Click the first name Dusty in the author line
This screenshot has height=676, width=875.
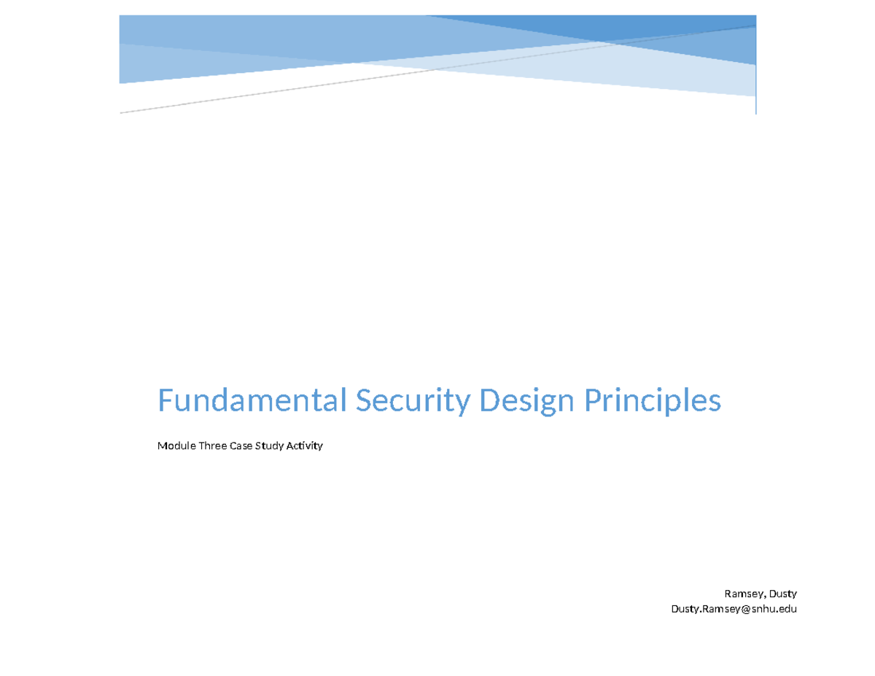pyautogui.click(x=781, y=594)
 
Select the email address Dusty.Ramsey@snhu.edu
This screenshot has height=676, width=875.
pyautogui.click(x=734, y=609)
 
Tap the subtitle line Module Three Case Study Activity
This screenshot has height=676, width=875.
pyautogui.click(x=240, y=446)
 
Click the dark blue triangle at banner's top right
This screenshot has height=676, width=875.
pyautogui.click(x=656, y=24)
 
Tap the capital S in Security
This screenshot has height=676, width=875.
pyautogui.click(x=363, y=400)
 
